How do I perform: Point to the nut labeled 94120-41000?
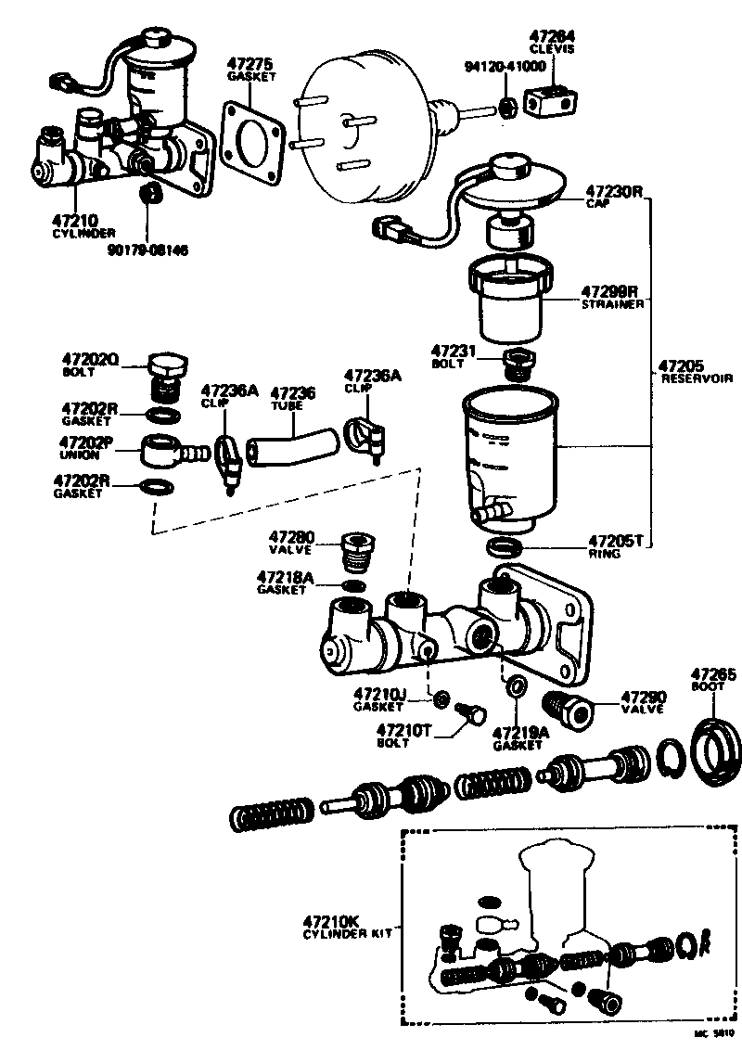point(508,107)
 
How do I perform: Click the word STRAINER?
point(613,304)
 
